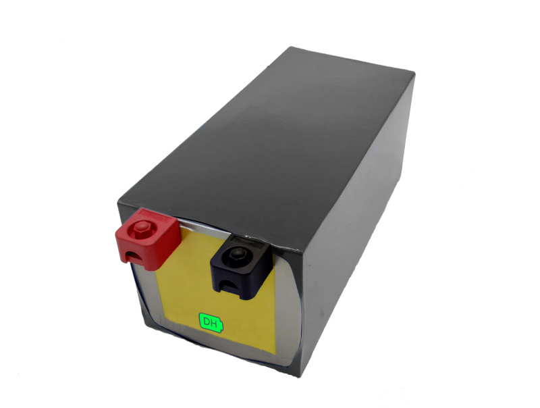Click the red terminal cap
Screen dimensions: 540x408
(148, 238)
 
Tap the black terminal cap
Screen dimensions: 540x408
(242, 267)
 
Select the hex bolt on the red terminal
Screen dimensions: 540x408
(141, 229)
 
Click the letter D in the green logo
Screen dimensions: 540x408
(207, 322)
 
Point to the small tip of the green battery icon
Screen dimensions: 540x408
(222, 326)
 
